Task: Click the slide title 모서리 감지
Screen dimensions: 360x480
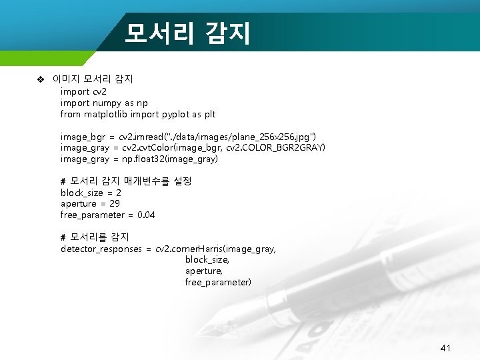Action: coord(187,31)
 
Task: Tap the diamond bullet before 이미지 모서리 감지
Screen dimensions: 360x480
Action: coord(40,79)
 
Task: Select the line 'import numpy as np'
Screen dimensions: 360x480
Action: coord(104,103)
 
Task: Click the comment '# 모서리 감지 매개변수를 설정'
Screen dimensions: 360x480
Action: coord(126,181)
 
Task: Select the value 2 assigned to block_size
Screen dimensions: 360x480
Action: coord(119,193)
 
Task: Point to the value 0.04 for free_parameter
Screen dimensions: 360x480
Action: coord(145,215)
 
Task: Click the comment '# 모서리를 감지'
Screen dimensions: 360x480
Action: coord(95,237)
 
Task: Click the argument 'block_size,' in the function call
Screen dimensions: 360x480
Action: coord(207,260)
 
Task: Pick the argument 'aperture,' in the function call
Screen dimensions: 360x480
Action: coord(203,271)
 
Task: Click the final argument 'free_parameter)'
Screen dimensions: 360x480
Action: coord(218,283)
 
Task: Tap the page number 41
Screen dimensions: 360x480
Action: coord(446,348)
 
